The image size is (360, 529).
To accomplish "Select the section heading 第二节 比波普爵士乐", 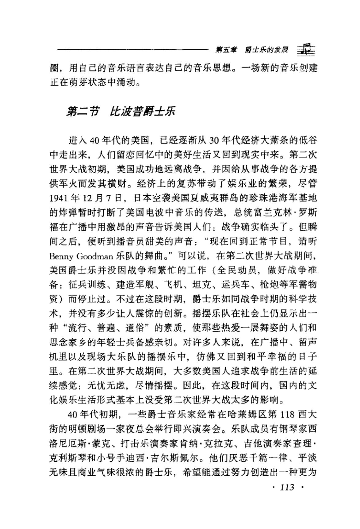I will [x=121, y=112].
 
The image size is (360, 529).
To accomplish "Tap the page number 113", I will [x=287, y=487].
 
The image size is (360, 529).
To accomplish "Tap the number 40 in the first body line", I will [x=93, y=141].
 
